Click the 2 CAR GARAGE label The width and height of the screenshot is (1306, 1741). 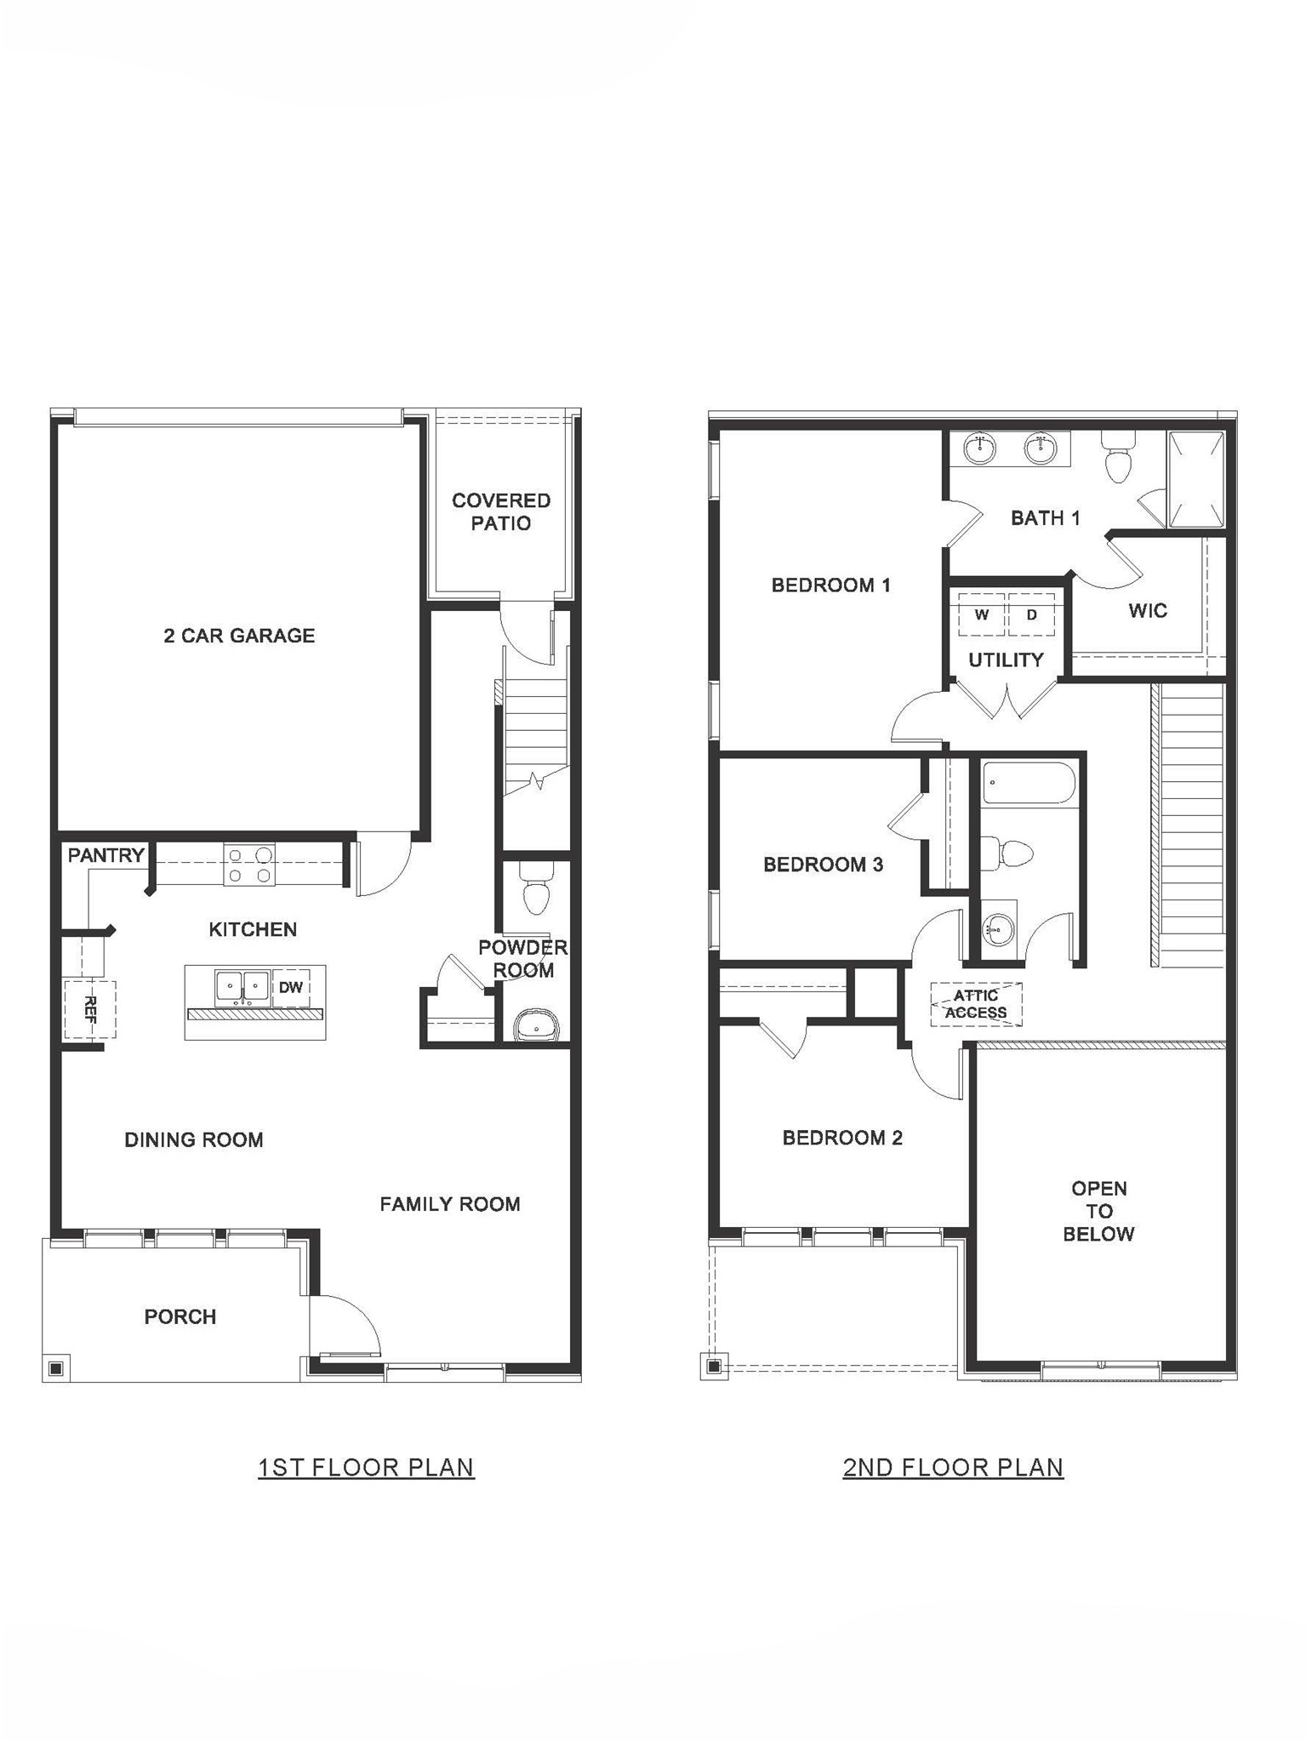pyautogui.click(x=239, y=636)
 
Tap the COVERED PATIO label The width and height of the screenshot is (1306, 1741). pyautogui.click(x=501, y=511)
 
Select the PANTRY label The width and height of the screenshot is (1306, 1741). pyautogui.click(x=106, y=855)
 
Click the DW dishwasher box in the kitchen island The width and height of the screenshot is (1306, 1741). pyautogui.click(x=291, y=987)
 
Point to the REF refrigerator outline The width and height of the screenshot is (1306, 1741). pyautogui.click(x=90, y=1008)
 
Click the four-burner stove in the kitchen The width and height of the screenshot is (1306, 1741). pyautogui.click(x=249, y=865)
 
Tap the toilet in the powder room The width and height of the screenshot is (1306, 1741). pyautogui.click(x=536, y=889)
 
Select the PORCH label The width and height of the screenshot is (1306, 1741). pyautogui.click(x=180, y=1316)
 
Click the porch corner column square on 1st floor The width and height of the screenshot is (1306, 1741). pyautogui.click(x=56, y=1367)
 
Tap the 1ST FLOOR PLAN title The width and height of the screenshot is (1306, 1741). pyautogui.click(x=366, y=1467)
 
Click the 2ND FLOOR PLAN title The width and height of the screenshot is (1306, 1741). pyautogui.click(x=953, y=1467)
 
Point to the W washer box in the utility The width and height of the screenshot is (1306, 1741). pyautogui.click(x=982, y=614)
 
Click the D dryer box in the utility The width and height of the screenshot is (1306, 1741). pyautogui.click(x=1032, y=614)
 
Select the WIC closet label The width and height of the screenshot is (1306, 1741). pyautogui.click(x=1147, y=610)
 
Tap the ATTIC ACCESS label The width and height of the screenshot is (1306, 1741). pyautogui.click(x=976, y=1004)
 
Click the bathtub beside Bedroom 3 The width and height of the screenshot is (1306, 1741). pyautogui.click(x=1029, y=783)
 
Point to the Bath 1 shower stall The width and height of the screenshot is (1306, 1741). pyautogui.click(x=1196, y=480)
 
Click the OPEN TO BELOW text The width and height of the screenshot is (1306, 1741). pyautogui.click(x=1098, y=1211)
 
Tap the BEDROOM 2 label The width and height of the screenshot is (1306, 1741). pyautogui.click(x=842, y=1138)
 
